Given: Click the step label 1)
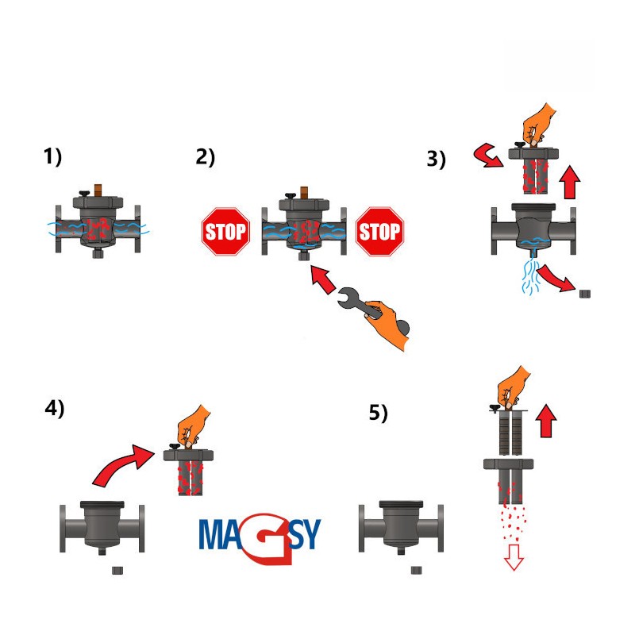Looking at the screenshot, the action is pyautogui.click(x=52, y=156).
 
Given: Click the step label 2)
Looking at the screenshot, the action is pyautogui.click(x=206, y=157).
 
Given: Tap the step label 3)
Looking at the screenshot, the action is pyautogui.click(x=436, y=159).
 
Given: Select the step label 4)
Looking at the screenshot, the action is pyautogui.click(x=55, y=408).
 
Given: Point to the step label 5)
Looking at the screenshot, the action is pyautogui.click(x=379, y=413).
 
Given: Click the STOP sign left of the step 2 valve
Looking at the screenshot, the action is pyautogui.click(x=225, y=232).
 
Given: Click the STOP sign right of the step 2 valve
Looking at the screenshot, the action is pyautogui.click(x=379, y=232).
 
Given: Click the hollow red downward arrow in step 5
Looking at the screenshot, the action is pyautogui.click(x=514, y=557).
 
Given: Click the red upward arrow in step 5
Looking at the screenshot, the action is pyautogui.click(x=546, y=421).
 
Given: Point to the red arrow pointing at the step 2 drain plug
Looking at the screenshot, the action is pyautogui.click(x=323, y=279).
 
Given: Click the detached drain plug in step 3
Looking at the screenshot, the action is pyautogui.click(x=585, y=294).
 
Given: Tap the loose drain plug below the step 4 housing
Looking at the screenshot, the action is pyautogui.click(x=117, y=570).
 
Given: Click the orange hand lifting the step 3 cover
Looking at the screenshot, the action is pyautogui.click(x=537, y=125).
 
